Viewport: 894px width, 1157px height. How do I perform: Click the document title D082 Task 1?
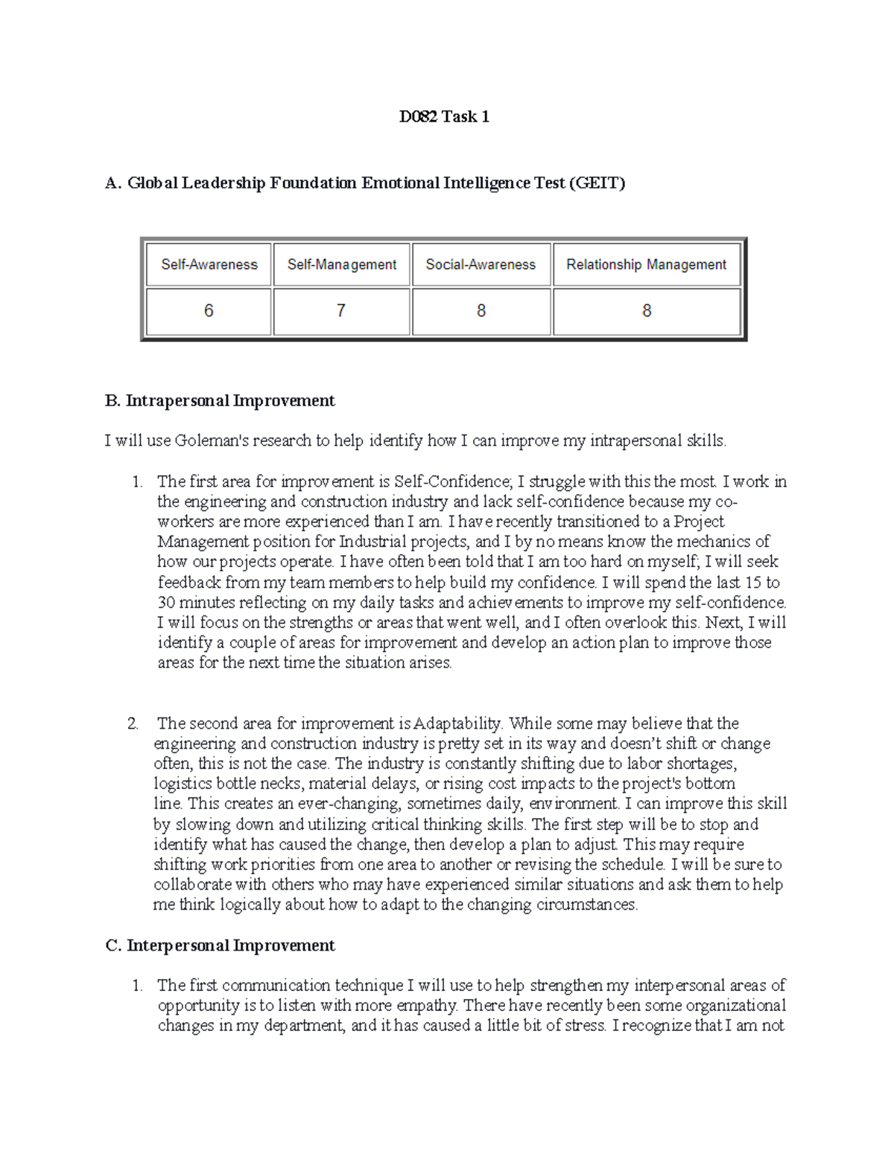[444, 117]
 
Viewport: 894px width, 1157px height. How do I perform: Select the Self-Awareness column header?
[209, 264]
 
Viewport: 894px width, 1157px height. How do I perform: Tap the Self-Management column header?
[342, 264]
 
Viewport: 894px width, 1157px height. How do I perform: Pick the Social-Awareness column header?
[481, 264]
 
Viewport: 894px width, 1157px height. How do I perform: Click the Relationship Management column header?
[646, 264]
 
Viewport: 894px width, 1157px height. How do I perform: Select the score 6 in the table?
[209, 311]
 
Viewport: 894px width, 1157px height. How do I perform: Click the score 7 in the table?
[341, 311]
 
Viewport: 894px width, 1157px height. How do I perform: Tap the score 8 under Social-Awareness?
[481, 311]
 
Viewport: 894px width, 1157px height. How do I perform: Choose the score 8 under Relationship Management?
[647, 311]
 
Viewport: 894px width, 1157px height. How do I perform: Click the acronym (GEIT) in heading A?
[597, 183]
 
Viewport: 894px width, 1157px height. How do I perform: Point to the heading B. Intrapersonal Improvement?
[221, 401]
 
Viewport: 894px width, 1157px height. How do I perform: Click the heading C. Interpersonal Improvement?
[221, 945]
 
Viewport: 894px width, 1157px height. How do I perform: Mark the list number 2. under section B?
[133, 723]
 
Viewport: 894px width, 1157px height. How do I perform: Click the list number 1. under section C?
[137, 986]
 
